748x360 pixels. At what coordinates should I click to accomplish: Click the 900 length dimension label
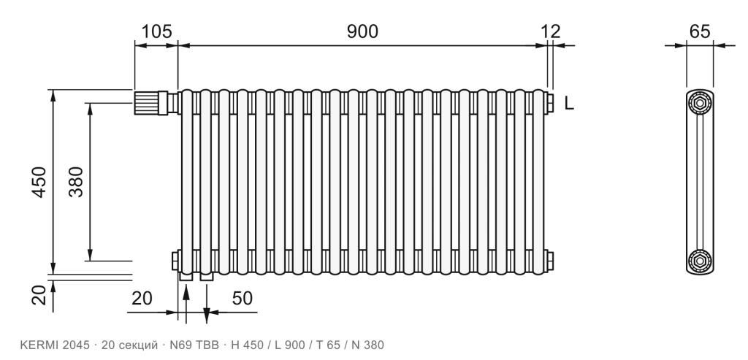(x=362, y=31)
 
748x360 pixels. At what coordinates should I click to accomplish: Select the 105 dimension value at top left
(x=156, y=31)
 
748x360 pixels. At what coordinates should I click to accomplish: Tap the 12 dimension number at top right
(x=551, y=31)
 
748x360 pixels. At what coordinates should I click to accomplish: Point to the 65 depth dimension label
(x=700, y=31)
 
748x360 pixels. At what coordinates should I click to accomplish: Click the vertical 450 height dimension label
(x=39, y=182)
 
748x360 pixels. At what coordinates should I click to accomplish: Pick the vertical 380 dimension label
(x=76, y=182)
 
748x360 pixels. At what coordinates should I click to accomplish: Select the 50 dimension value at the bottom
(x=243, y=299)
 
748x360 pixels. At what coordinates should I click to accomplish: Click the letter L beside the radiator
(x=569, y=103)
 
